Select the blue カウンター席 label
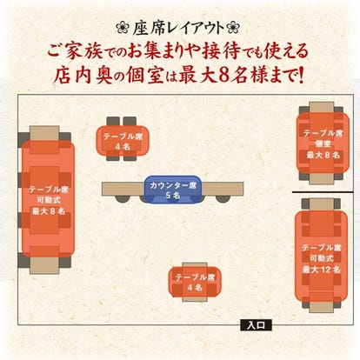pos(170,184)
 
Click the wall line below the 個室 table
pos(325,191)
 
